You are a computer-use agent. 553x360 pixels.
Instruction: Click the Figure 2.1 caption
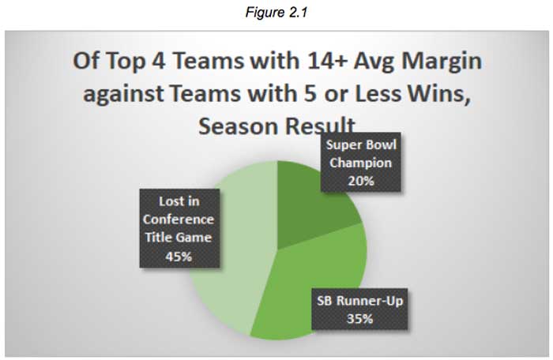pyautogui.click(x=276, y=13)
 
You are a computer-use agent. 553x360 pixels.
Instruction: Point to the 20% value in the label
pyautogui.click(x=361, y=181)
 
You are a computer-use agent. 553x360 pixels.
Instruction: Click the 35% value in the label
pyautogui.click(x=359, y=319)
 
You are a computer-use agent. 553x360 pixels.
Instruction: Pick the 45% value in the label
pyautogui.click(x=179, y=257)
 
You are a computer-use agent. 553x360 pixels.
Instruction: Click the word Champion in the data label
pyautogui.click(x=361, y=163)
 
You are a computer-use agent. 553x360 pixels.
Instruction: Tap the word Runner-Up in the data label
pyautogui.click(x=370, y=301)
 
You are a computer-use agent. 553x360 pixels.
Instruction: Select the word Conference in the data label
pyautogui.click(x=179, y=219)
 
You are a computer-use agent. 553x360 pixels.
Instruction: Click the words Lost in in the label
pyautogui.click(x=179, y=201)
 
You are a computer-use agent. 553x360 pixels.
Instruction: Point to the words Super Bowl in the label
pyautogui.click(x=361, y=145)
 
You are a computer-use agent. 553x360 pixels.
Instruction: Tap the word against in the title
pyautogui.click(x=123, y=94)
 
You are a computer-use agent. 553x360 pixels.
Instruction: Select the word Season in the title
pyautogui.click(x=238, y=126)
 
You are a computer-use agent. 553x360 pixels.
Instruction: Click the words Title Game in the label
pyautogui.click(x=179, y=238)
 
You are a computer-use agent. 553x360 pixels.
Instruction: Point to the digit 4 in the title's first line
pyautogui.click(x=158, y=61)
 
